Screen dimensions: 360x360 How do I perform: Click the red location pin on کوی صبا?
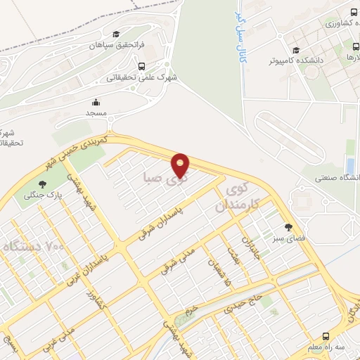click(181, 165)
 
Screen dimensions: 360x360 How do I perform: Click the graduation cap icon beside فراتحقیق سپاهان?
click(116, 34)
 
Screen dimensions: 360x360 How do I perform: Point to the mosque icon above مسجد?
click(95, 101)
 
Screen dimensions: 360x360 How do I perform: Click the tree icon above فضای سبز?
click(288, 227)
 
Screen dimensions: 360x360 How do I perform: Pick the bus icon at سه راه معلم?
click(326, 336)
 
